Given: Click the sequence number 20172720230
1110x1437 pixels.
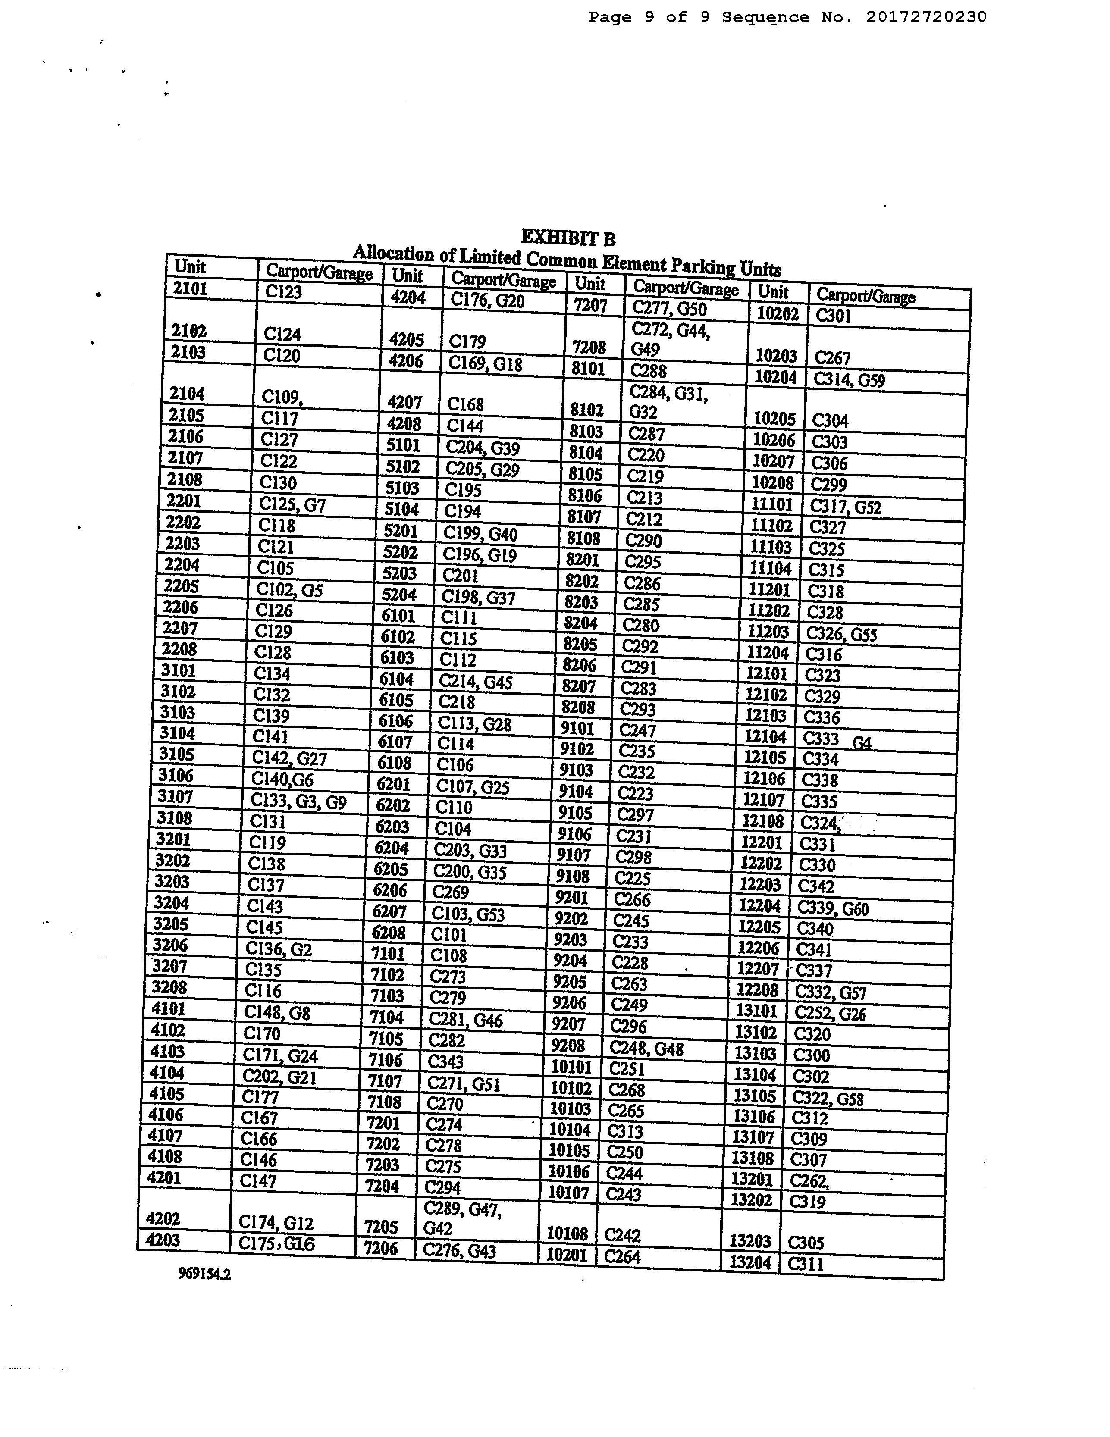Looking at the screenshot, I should [926, 17].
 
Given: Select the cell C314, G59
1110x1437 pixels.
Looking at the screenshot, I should [849, 380].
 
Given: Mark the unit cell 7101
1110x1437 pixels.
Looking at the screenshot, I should [387, 953].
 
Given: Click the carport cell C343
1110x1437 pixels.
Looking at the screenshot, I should [445, 1061].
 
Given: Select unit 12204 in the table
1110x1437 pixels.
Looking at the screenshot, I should [759, 905].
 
